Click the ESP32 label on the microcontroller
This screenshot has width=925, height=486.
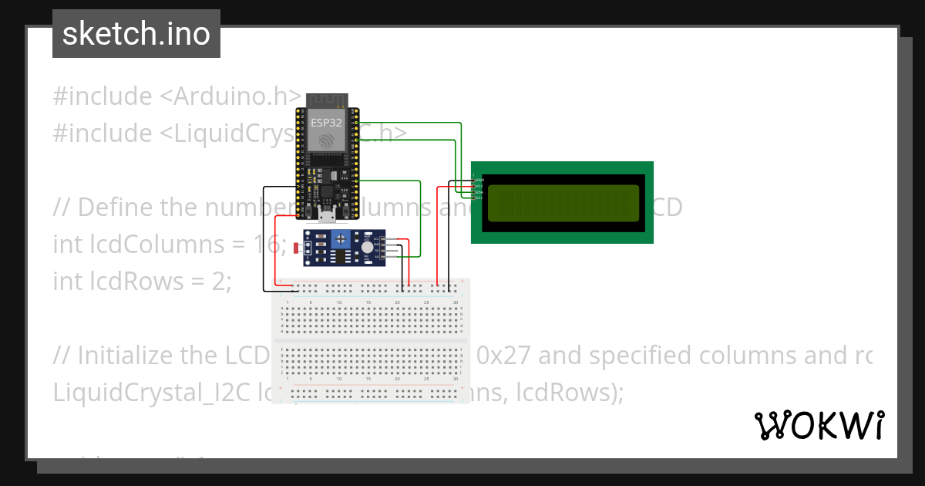[327, 122]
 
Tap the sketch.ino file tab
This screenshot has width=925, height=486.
[136, 34]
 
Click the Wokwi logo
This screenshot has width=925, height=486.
[819, 425]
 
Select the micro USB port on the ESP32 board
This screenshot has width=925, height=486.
[326, 215]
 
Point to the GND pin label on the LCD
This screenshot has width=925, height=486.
[479, 180]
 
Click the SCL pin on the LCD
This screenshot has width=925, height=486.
[478, 197]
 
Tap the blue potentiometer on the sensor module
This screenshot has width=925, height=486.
[339, 242]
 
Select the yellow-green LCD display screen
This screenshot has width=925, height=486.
[563, 202]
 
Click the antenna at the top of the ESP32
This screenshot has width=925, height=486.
[327, 100]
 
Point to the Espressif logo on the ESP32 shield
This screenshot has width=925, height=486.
[327, 140]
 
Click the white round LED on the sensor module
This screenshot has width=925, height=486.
[366, 245]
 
